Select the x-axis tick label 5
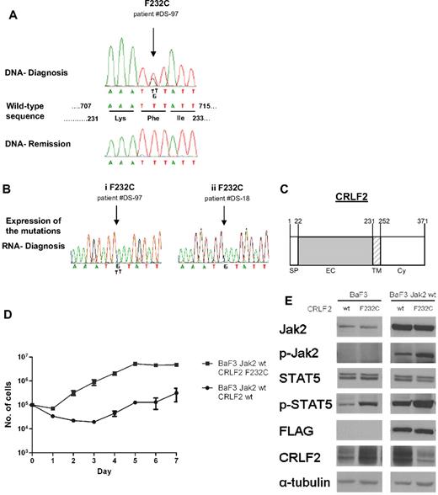point(136,461)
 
